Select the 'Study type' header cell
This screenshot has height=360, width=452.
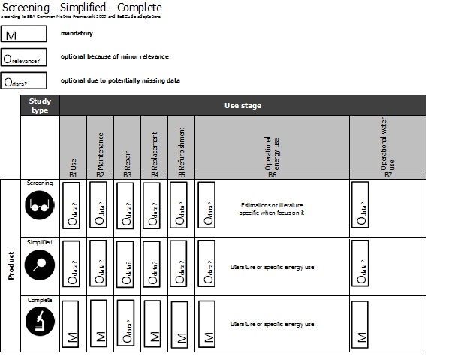(39, 105)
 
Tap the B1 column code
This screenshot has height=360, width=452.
(73, 174)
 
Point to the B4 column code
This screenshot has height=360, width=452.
(154, 174)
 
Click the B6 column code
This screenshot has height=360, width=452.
(272, 174)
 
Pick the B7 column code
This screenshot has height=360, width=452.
(387, 174)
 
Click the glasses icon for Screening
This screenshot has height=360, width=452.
(39, 207)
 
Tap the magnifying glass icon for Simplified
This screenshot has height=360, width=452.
(39, 264)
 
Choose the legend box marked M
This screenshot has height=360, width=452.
(24, 35)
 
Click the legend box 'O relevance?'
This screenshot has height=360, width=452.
(24, 57)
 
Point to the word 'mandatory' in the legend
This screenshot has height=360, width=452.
(76, 34)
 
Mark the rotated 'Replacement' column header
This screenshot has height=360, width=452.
(154, 148)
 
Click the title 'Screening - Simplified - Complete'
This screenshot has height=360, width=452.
(82, 8)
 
